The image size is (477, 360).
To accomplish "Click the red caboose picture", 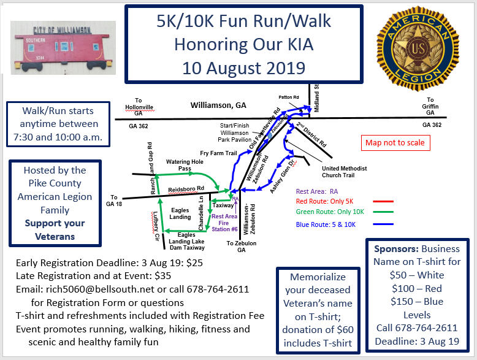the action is pos(63,48).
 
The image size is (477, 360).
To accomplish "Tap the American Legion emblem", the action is pos(418,48).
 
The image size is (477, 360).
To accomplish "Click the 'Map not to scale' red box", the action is pos(395,143).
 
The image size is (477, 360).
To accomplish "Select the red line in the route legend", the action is pos(383,201).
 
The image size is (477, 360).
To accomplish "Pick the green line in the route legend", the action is pos(383,212).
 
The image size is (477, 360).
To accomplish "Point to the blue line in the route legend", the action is pos(383,224).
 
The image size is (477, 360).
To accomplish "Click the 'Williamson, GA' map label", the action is pos(218,105).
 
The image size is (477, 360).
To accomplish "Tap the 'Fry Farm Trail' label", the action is pos(218,153).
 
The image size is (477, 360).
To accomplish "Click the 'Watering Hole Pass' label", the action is pos(185,165).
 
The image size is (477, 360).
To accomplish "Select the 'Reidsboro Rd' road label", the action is pos(186,189).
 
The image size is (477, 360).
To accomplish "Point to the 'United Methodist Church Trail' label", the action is pos(345,172).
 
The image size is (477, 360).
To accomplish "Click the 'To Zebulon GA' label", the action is pos(241,247).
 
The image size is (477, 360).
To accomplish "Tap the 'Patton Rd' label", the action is pos(289,97).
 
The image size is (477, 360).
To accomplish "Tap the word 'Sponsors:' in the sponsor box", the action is pos(396,249).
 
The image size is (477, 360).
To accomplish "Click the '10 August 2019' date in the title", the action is pos(243,68).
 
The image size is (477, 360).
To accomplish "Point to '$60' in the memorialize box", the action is pos(345,329).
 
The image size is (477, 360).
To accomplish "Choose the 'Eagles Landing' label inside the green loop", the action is pos(180,213).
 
